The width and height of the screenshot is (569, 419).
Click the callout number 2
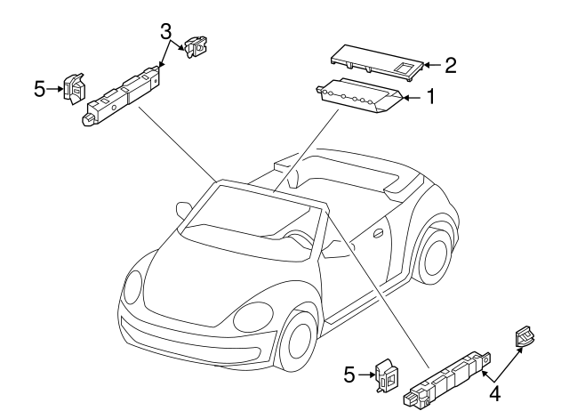click(x=451, y=64)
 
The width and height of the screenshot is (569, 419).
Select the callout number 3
click(x=165, y=32)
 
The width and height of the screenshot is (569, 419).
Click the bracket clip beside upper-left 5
click(x=75, y=88)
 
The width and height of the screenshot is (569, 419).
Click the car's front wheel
click(x=299, y=342)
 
